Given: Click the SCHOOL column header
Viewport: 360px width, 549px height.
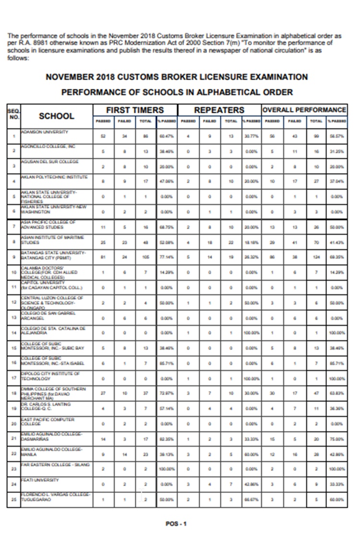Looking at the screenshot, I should click(56, 116).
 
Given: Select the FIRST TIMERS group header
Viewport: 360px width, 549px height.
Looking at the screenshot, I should click(134, 110).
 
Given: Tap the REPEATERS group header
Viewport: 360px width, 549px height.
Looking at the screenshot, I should click(219, 110).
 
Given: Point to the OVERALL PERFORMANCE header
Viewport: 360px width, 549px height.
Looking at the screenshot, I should click(304, 110).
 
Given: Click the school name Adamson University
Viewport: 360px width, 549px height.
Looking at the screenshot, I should click(44, 131).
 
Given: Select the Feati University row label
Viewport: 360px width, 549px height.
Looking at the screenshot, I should click(39, 480).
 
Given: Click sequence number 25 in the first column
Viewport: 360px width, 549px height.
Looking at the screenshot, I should click(13, 500).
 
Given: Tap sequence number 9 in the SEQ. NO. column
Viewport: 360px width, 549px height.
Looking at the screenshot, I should click(13, 257).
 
